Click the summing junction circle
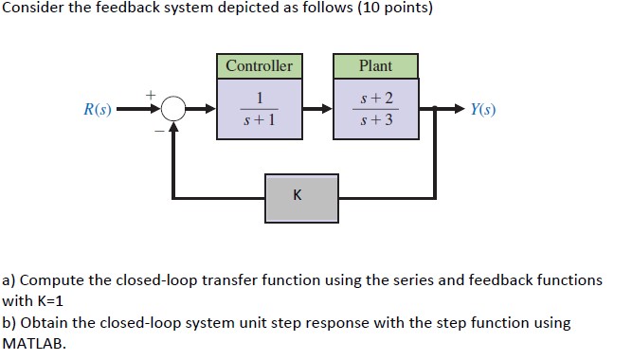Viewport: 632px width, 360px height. coord(172,110)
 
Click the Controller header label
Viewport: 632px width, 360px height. coord(259,66)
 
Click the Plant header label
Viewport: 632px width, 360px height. coord(375,66)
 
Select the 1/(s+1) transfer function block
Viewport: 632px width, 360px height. coord(259,109)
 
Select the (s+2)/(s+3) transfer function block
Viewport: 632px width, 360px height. coord(375,109)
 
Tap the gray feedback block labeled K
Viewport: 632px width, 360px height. coord(300,197)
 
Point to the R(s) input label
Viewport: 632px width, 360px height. coord(97,110)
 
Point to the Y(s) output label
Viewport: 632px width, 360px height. coord(482,110)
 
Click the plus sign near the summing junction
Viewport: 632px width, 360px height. coord(148,95)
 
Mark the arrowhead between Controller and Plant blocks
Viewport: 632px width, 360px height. coord(327,110)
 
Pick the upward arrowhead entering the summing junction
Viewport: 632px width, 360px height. coord(172,129)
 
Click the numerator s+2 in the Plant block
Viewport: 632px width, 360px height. coord(375,99)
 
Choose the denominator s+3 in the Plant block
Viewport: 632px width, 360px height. coord(375,121)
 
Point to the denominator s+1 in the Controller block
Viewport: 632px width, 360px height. coord(259,121)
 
